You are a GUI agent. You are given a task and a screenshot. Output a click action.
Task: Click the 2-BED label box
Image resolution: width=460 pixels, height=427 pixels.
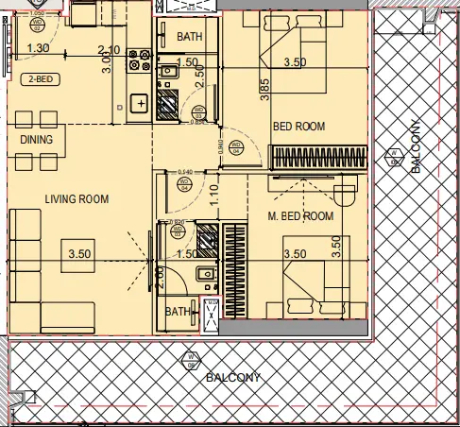tap(41, 80)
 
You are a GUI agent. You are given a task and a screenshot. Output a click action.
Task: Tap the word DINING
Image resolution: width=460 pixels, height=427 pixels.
tap(37, 140)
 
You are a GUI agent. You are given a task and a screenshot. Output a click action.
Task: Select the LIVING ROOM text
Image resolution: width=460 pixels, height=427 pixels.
tap(77, 199)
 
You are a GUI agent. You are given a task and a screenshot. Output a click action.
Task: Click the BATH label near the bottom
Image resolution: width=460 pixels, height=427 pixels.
tap(178, 311)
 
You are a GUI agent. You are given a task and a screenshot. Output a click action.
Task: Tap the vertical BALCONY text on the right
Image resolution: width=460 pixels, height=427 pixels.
tap(416, 151)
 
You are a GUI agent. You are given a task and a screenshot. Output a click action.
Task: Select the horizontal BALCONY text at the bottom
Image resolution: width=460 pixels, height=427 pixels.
tap(232, 378)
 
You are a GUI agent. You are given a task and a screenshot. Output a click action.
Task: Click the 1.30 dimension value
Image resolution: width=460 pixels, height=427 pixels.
tap(39, 49)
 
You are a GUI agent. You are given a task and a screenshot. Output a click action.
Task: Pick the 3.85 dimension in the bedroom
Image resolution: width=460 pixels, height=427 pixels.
tap(266, 90)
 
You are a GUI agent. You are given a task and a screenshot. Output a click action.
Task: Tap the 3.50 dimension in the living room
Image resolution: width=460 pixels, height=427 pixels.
tap(78, 253)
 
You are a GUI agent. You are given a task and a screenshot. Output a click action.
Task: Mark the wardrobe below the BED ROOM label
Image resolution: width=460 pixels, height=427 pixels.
tap(315, 157)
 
